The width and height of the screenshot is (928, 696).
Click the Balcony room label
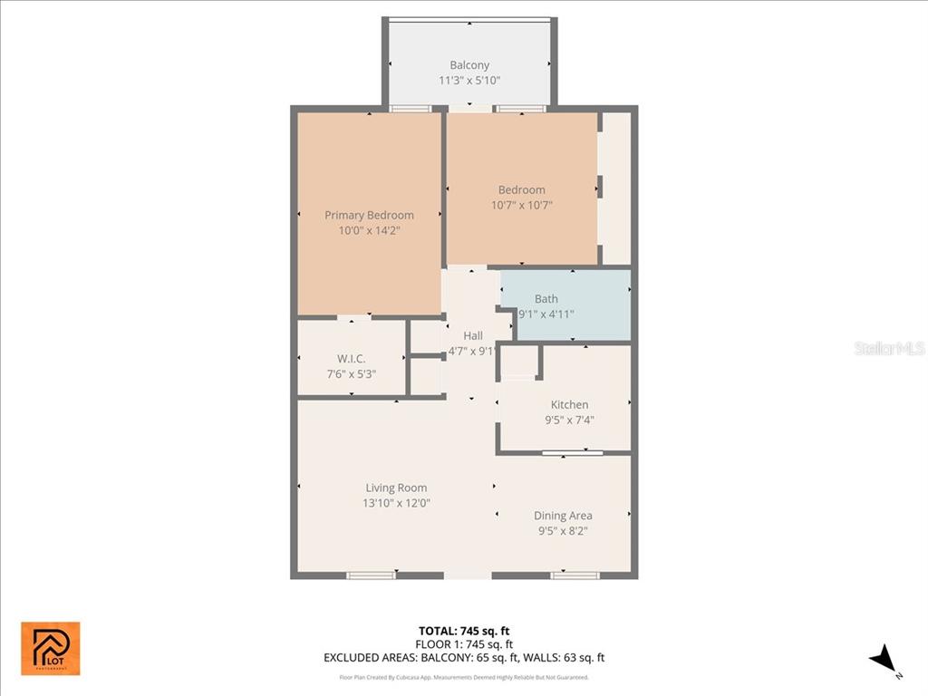[x=469, y=65]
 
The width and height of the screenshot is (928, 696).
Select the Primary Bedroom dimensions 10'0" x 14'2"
[x=369, y=231]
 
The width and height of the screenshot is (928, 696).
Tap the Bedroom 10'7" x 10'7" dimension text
[x=521, y=205]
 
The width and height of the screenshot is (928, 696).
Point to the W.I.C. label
[x=351, y=359]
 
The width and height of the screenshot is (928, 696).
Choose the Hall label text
[x=472, y=335]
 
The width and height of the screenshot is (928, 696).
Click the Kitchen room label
[x=569, y=404]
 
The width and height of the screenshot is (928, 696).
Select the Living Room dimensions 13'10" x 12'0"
[x=396, y=503]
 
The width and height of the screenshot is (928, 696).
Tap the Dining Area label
[x=562, y=516]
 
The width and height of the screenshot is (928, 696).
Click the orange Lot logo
[x=51, y=648]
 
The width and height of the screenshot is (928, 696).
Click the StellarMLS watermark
[x=889, y=348]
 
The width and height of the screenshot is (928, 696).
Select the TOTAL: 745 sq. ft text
[x=469, y=631]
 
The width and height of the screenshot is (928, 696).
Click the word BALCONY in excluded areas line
[x=445, y=658]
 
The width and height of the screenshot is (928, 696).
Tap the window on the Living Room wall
[x=372, y=575]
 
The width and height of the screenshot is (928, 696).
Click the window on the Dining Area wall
[x=575, y=575]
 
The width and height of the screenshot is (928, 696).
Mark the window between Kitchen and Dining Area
[x=572, y=452]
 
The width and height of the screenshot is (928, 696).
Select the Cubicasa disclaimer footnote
[x=464, y=677]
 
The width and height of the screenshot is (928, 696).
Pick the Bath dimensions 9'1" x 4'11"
[x=546, y=314]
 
